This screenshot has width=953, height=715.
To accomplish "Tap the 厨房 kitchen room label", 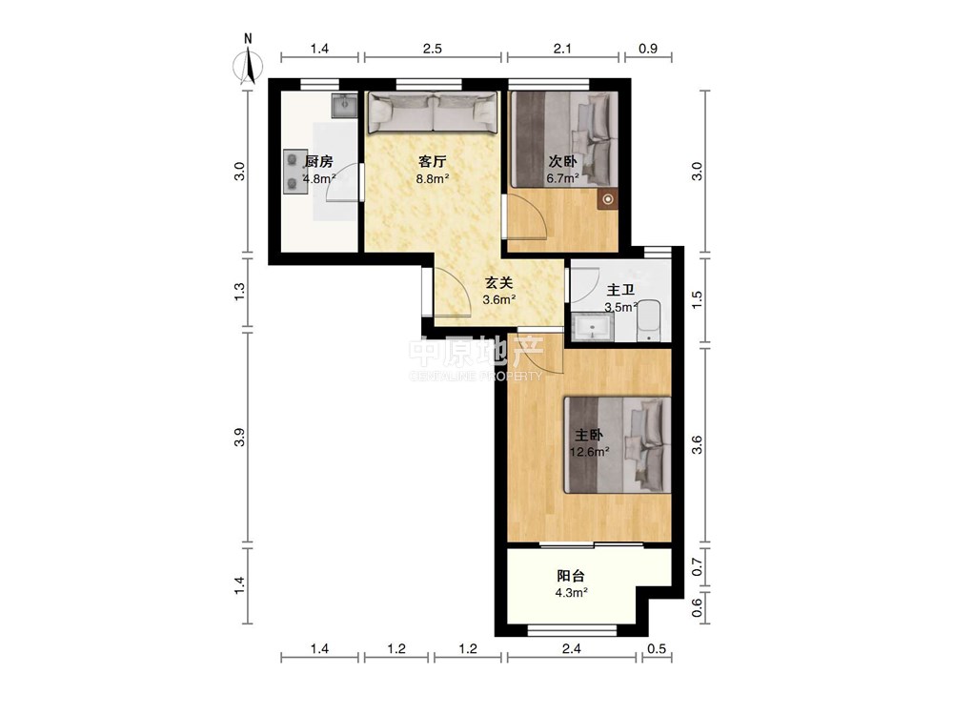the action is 318,162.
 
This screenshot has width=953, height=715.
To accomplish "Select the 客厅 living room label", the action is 432,162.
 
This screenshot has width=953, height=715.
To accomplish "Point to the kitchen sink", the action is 346,106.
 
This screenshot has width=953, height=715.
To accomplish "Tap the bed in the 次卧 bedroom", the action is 563,139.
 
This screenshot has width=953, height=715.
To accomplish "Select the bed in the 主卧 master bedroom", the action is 618,445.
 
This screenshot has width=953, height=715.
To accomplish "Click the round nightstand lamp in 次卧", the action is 608,199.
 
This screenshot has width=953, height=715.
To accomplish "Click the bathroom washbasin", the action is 593,327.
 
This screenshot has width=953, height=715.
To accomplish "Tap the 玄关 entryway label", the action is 498,283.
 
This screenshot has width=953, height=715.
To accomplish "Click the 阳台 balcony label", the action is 571,576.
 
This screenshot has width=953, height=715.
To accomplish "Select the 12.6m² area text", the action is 589,452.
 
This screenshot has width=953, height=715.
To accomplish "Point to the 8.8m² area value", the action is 432,179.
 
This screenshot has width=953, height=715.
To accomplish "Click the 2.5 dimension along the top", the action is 432,49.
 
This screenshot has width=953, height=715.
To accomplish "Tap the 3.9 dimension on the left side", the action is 240,438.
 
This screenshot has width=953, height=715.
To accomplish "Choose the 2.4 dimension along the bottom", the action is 571,648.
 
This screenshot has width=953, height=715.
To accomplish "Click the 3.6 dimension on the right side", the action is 698,445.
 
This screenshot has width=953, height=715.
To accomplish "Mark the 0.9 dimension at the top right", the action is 648,49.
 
